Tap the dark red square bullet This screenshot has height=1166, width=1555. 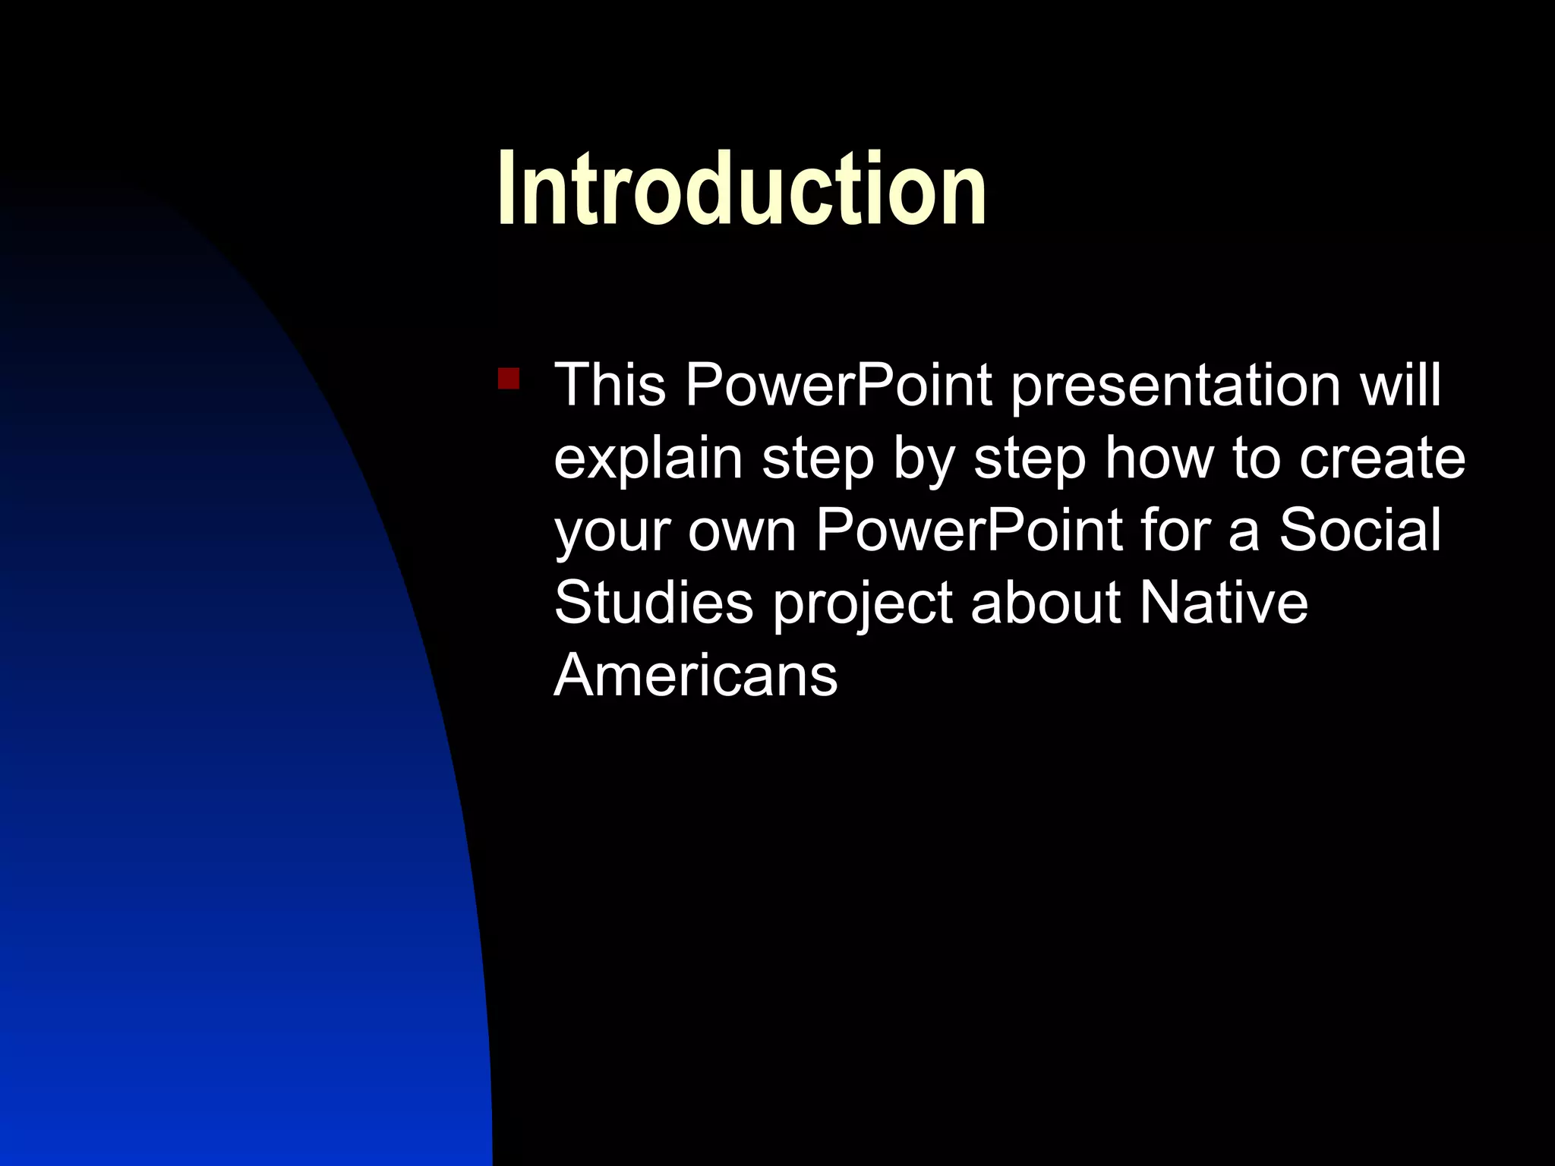click(508, 378)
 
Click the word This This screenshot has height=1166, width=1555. click(610, 385)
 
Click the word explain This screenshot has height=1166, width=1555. click(648, 459)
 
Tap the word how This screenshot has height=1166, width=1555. click(1159, 458)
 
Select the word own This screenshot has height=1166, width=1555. click(742, 532)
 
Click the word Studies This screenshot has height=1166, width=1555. click(653, 603)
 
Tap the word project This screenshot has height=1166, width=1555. click(862, 604)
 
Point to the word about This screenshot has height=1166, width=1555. click(1045, 603)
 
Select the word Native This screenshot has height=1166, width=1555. click(1223, 603)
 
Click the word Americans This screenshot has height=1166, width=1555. click(695, 676)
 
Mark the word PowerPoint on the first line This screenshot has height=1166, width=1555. click(838, 385)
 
